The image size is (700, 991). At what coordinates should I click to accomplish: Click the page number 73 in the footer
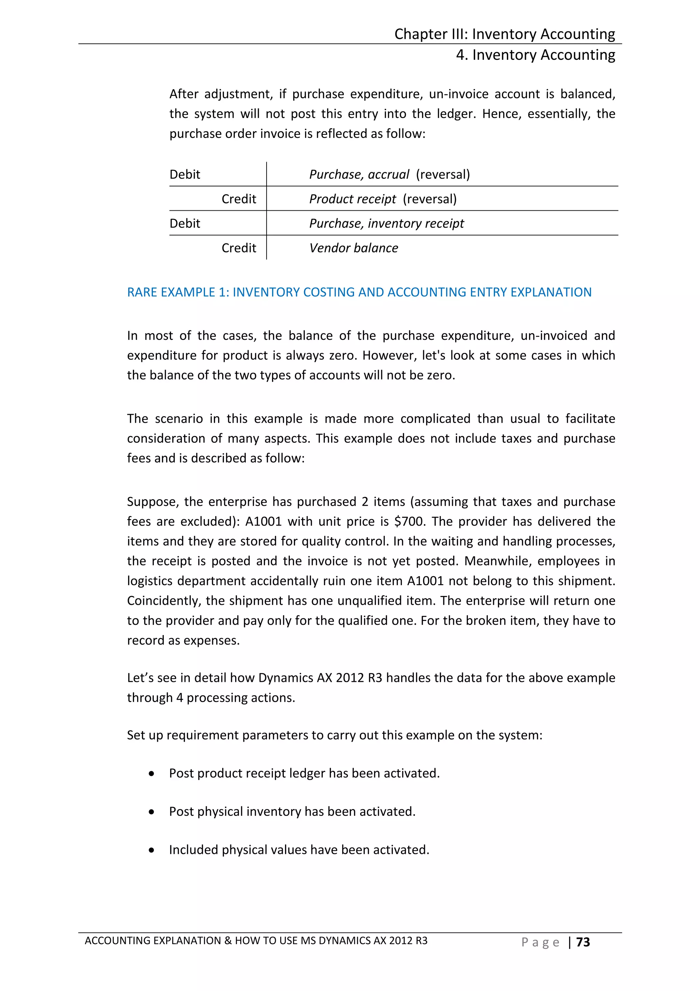[583, 942]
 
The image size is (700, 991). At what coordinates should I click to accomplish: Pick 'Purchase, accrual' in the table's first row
[359, 174]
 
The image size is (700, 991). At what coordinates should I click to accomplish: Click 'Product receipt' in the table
[352, 199]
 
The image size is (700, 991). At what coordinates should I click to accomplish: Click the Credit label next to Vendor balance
[239, 248]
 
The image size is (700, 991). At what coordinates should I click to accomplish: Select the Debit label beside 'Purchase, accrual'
[185, 174]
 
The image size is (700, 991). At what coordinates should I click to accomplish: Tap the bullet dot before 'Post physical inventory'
[151, 812]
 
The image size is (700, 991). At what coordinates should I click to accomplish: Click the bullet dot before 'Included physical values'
[151, 850]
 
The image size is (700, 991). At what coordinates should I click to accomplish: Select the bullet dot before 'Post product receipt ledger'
[151, 774]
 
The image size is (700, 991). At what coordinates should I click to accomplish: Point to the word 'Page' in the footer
[540, 942]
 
